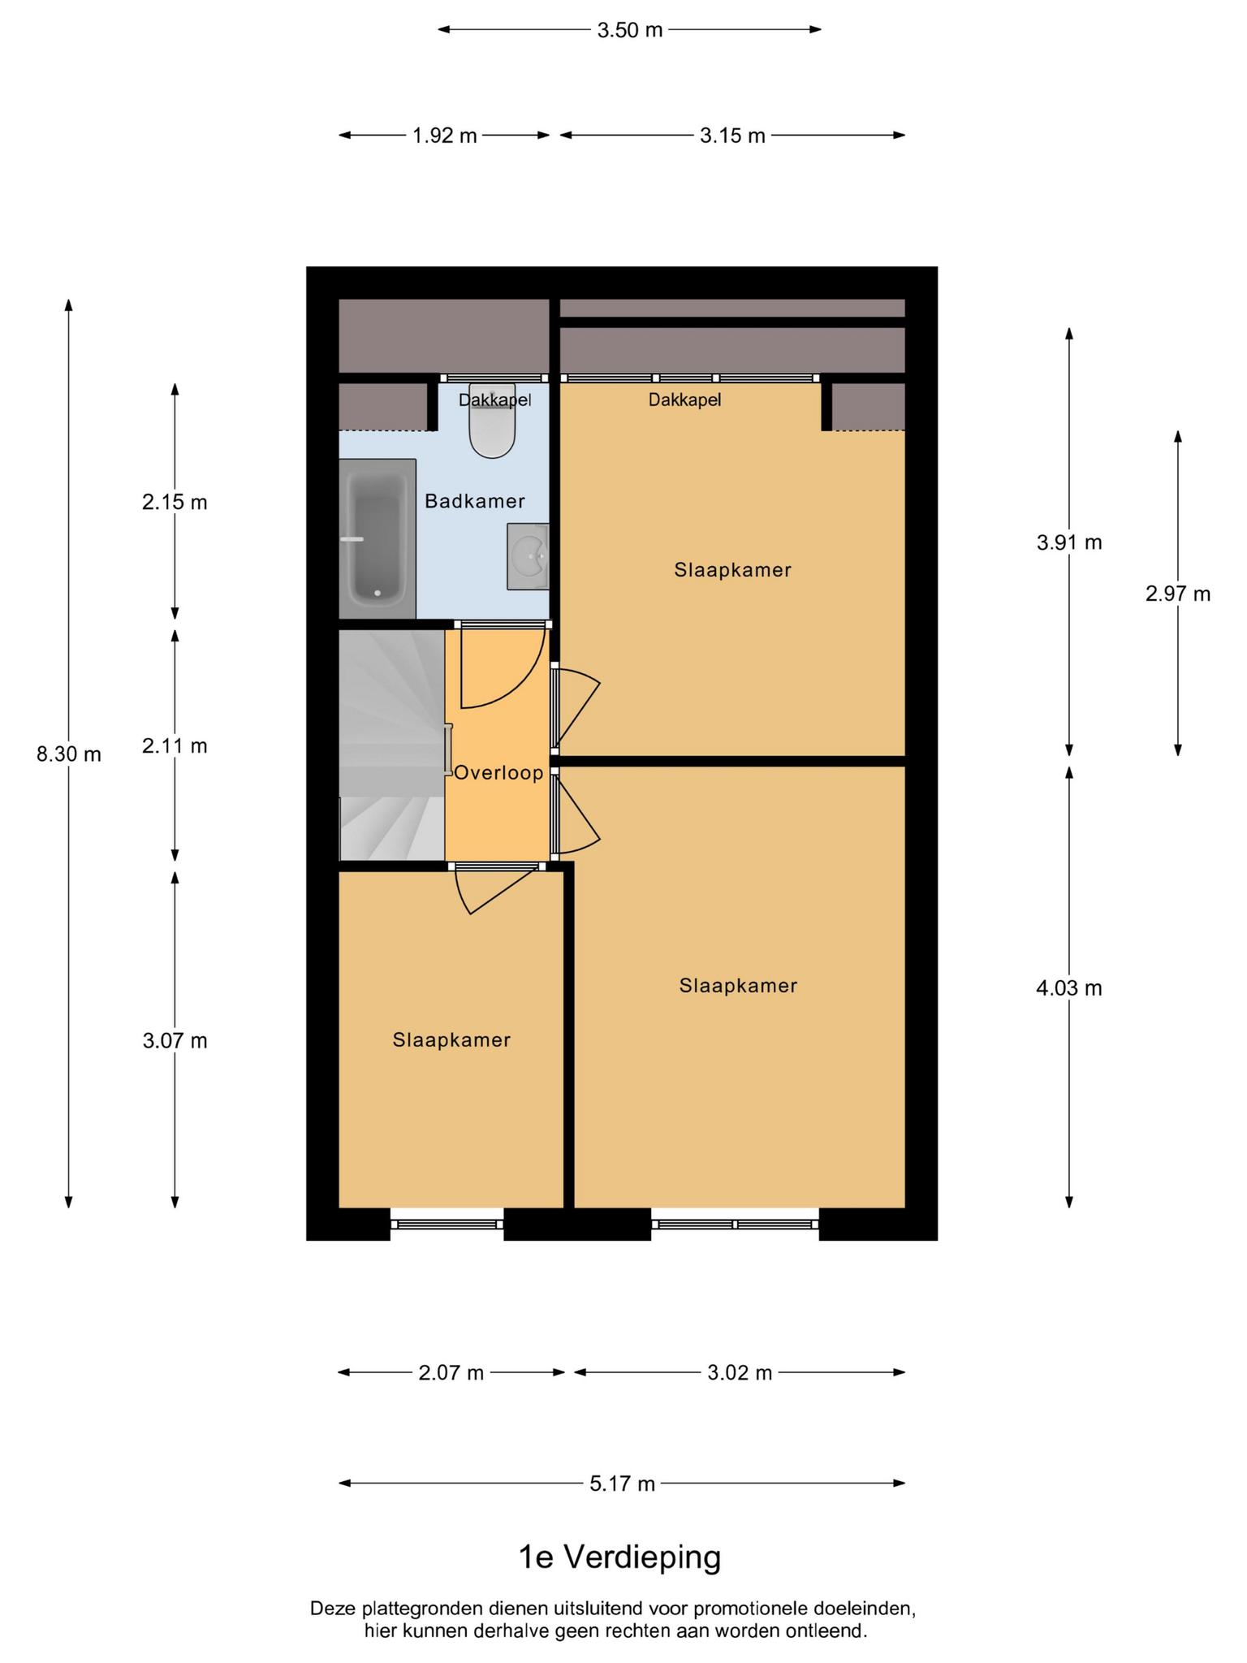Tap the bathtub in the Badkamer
tap(378, 538)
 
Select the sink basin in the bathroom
tap(529, 556)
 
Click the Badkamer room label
tap(475, 501)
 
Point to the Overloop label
tap(498, 772)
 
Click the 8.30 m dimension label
tap(69, 754)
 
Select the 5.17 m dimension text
tap(622, 1484)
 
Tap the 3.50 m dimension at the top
tap(630, 30)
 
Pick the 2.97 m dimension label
tap(1178, 594)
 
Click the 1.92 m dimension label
tap(445, 136)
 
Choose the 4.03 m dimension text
tap(1069, 988)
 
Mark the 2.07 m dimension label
tap(451, 1372)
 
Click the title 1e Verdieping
tap(619, 1557)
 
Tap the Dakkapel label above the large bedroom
tap(684, 400)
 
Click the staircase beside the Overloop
tap(392, 745)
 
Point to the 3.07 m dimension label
tap(175, 1040)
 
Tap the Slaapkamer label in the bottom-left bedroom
tap(451, 1039)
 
